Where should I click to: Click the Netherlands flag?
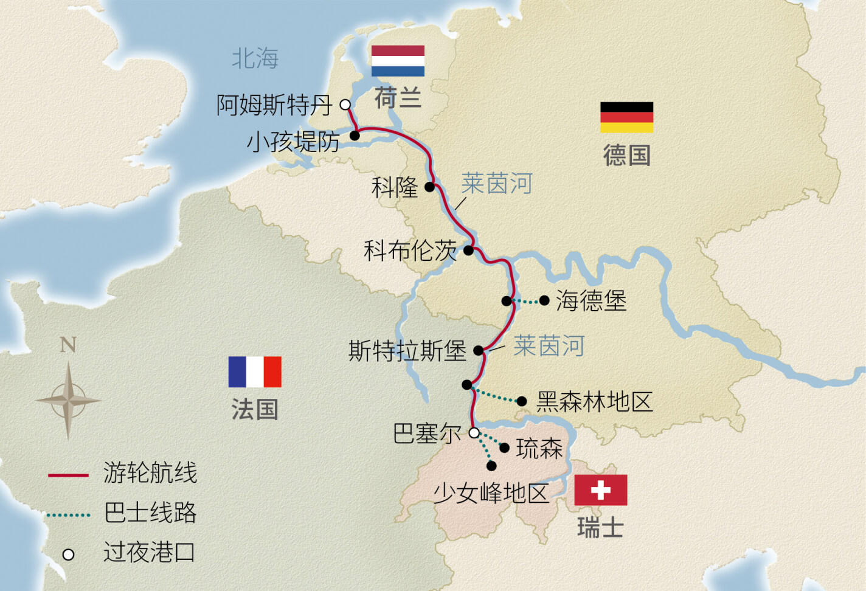[x=398, y=61]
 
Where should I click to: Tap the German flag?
[x=626, y=117]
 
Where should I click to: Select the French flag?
[x=255, y=372]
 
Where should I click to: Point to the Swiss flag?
[x=600, y=490]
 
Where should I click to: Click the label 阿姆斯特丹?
[x=274, y=105]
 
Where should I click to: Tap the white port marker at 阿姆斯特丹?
[x=345, y=105]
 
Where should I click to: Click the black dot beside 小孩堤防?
[x=355, y=136]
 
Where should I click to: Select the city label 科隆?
[x=395, y=187]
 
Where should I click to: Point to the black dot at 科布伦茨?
[x=468, y=250]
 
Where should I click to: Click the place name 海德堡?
[x=591, y=300]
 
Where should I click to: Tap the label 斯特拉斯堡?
[x=407, y=351]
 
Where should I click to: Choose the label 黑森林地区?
[x=594, y=401]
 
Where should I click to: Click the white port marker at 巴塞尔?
[x=474, y=433]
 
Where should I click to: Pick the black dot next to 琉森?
[x=504, y=448]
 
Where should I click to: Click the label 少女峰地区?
[x=491, y=493]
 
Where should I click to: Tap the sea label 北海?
[x=255, y=58]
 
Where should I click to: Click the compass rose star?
[x=68, y=400]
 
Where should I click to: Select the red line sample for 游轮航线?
[x=68, y=475]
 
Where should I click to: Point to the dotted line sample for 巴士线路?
[x=68, y=515]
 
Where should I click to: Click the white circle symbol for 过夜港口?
[x=68, y=555]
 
